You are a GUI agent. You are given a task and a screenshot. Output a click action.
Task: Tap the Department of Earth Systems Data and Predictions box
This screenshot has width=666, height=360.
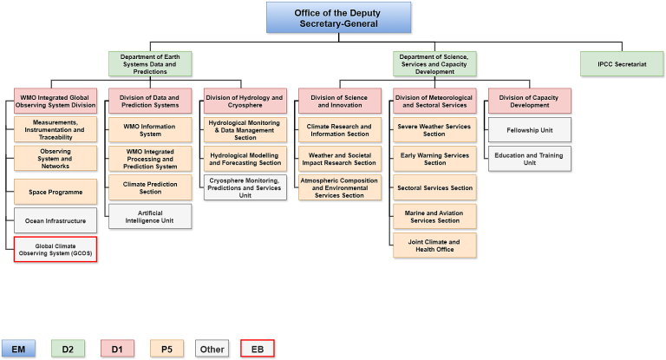point(150,63)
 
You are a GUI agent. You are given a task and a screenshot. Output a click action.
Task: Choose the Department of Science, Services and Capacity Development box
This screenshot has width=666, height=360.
point(434,63)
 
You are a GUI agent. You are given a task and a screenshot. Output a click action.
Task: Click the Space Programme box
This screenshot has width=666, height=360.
point(55,190)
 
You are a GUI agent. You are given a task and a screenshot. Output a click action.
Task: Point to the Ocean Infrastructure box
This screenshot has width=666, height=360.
point(55,219)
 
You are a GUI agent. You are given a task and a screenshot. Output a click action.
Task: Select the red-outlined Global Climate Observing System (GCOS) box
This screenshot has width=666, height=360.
point(55,249)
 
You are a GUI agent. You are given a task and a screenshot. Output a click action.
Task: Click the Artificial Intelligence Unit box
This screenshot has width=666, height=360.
point(150,216)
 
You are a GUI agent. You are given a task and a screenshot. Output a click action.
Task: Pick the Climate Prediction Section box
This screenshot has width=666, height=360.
point(150,187)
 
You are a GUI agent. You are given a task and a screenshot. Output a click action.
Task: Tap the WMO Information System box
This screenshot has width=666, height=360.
point(150,129)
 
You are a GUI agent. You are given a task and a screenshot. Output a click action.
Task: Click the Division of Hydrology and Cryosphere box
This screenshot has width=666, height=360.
point(245,101)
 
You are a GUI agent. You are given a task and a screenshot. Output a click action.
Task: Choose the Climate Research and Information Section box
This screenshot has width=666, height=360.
point(339,130)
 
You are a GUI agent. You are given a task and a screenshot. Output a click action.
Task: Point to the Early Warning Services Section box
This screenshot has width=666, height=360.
point(434,159)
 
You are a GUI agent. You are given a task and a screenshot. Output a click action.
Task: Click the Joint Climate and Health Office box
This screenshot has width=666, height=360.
point(434,245)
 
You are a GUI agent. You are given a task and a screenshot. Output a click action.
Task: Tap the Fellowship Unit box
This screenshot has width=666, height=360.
point(529,130)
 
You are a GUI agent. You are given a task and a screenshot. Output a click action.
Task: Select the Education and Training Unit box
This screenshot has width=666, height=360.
point(529,159)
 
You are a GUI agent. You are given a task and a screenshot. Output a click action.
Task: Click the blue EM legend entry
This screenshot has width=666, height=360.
point(18,349)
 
